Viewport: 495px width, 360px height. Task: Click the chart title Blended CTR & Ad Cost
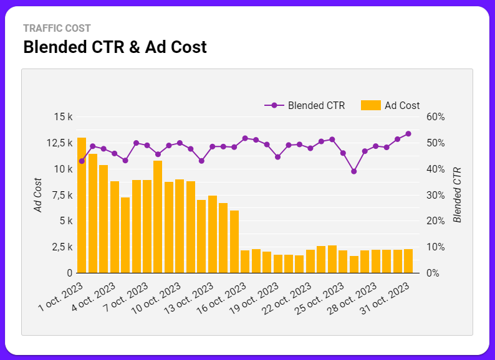tap(115, 47)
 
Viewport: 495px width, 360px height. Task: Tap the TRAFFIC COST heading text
tap(57, 28)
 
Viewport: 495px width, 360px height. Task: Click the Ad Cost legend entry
tap(391, 105)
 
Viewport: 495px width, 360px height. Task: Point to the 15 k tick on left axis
tap(64, 117)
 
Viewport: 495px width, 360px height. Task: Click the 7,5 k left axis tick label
tap(62, 195)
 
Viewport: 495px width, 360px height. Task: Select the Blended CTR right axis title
tap(458, 195)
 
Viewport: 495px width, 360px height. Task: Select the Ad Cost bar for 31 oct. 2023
tap(408, 261)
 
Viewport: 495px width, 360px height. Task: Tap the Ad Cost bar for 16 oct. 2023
tap(245, 262)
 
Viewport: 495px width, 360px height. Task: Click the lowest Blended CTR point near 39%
tap(353, 171)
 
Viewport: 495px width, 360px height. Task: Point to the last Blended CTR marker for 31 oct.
tap(408, 134)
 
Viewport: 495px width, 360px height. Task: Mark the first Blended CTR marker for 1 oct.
tap(82, 161)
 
